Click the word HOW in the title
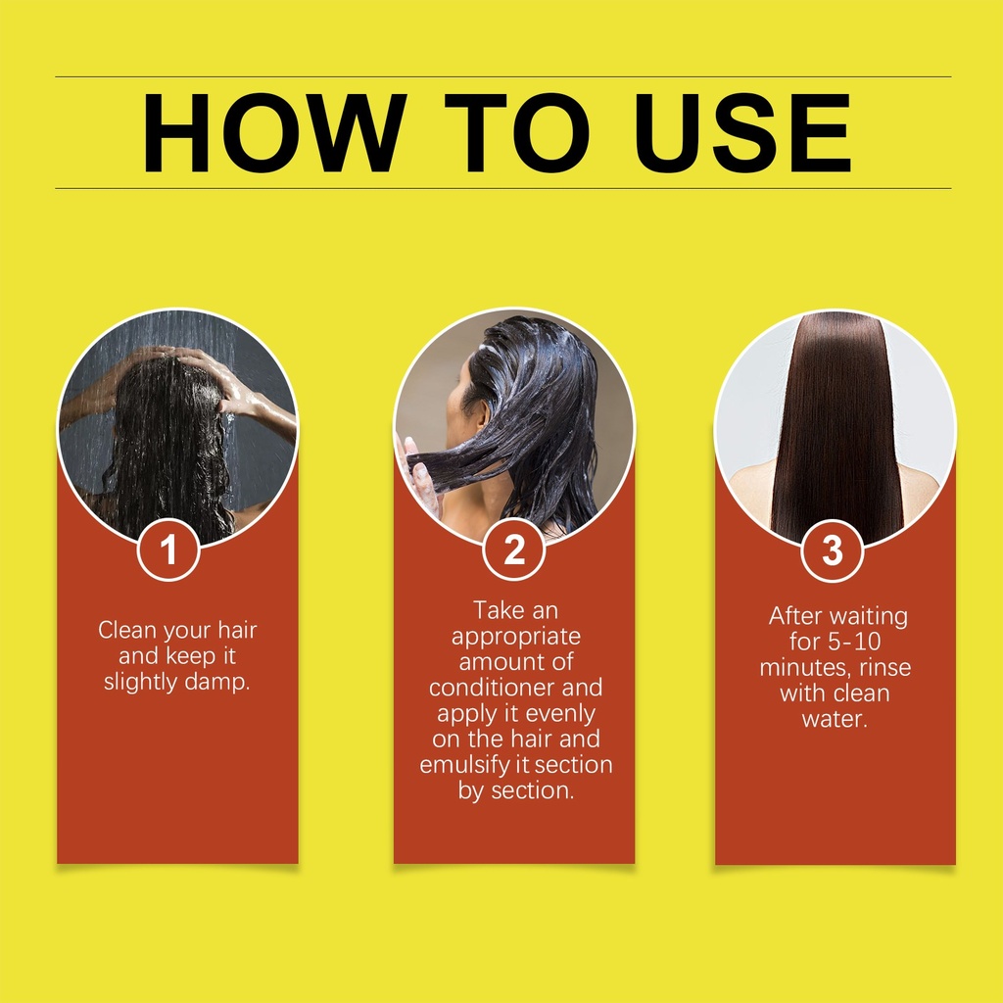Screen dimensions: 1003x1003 pyautogui.click(x=274, y=133)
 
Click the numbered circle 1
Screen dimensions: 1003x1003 pyautogui.click(x=168, y=550)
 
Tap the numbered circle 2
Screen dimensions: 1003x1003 pyautogui.click(x=513, y=550)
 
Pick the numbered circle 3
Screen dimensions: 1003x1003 pyautogui.click(x=833, y=550)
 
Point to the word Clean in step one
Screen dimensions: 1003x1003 pyautogui.click(x=128, y=630)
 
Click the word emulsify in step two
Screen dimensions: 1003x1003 pyautogui.click(x=466, y=766)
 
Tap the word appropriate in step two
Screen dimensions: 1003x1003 pyautogui.click(x=516, y=638)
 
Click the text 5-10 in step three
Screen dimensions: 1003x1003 pyautogui.click(x=854, y=642)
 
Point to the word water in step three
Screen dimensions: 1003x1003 pyautogui.click(x=835, y=719)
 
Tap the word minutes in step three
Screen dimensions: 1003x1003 pyautogui.click(x=806, y=668)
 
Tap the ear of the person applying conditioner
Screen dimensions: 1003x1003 pyautogui.click(x=477, y=419)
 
